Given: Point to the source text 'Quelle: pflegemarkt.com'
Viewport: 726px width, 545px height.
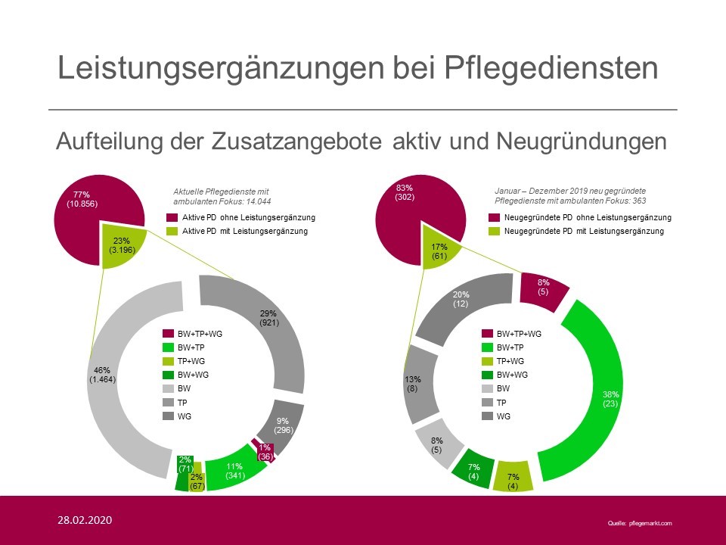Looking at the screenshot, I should tap(639, 523).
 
